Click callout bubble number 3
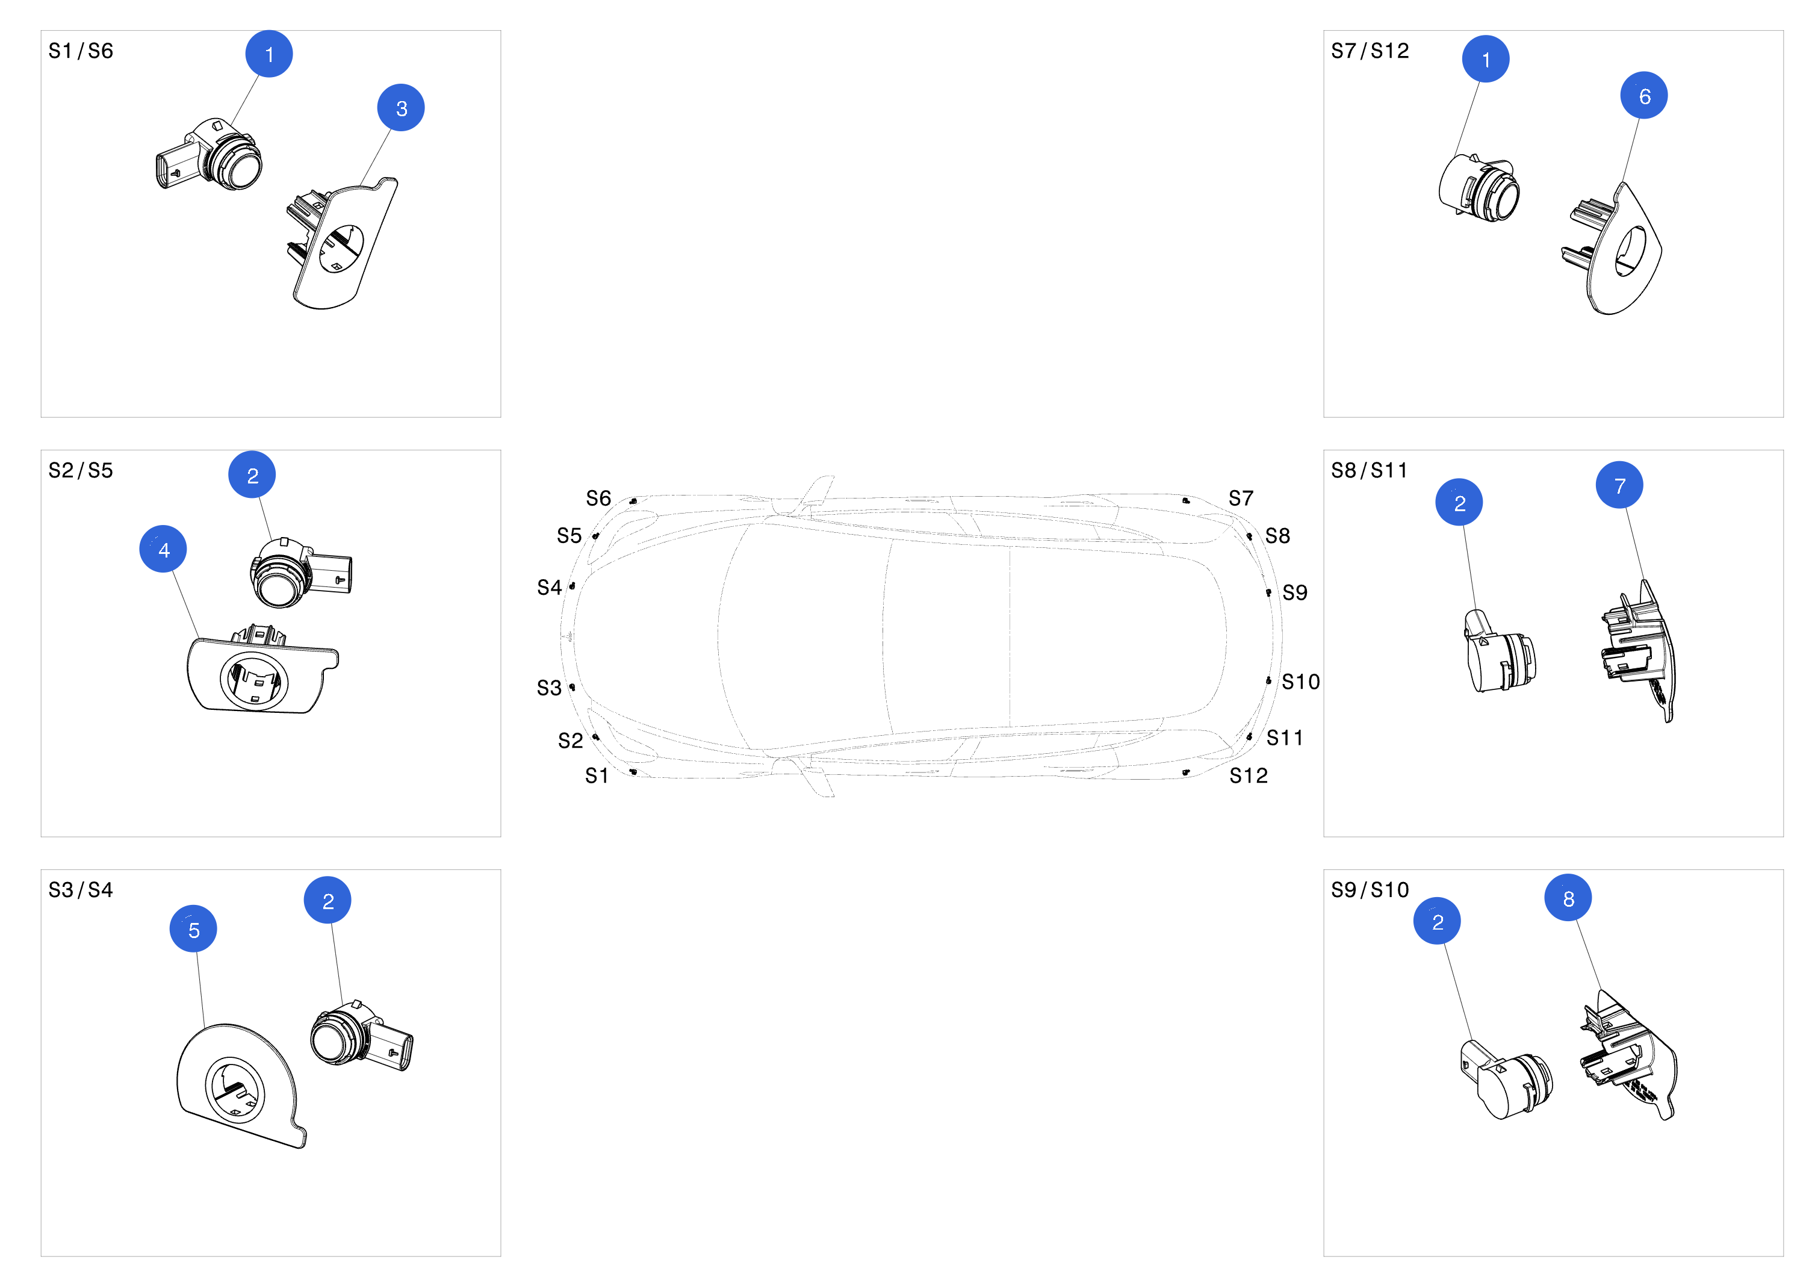point(400,108)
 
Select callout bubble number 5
point(193,929)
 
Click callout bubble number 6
point(1643,96)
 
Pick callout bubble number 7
point(1619,485)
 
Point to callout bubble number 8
point(1568,898)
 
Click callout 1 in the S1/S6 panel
point(269,54)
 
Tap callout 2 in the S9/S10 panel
point(1436,921)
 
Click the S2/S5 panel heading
point(80,470)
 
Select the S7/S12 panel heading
point(1370,51)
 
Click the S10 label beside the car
point(1300,682)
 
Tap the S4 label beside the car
point(549,588)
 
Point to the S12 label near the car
point(1249,776)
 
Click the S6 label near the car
point(598,498)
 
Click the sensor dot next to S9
point(1268,592)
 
